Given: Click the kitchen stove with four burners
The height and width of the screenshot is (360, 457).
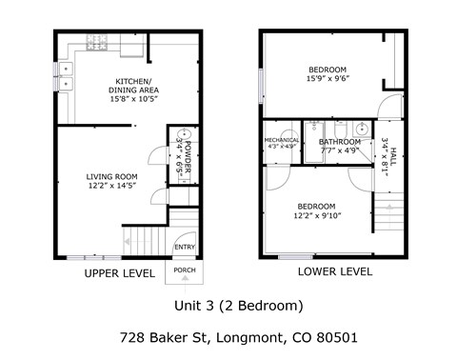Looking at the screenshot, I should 97,43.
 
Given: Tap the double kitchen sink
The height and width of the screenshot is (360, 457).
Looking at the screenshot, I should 66,75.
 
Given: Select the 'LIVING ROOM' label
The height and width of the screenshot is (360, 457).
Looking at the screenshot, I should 111,176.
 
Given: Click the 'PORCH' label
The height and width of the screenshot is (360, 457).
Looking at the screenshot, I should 184,270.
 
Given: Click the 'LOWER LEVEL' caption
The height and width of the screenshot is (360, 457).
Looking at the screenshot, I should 334,271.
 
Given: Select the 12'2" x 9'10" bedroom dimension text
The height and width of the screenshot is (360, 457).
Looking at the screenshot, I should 316,216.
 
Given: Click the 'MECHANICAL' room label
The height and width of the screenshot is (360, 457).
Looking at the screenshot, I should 282,141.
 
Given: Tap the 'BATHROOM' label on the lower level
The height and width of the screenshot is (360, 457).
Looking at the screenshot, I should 340,141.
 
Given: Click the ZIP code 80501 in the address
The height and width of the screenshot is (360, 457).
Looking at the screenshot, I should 337,337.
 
